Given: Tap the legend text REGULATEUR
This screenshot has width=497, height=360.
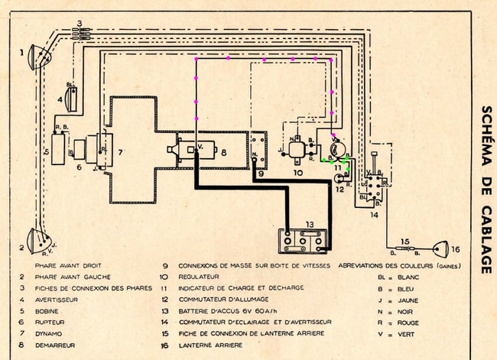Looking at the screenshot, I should pos(199,276).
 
